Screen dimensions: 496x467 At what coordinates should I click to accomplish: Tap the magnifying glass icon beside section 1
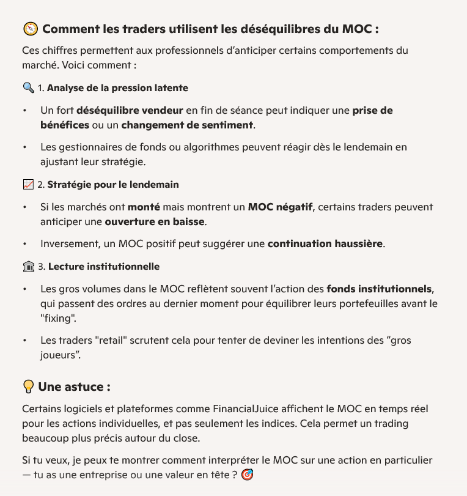pos(28,88)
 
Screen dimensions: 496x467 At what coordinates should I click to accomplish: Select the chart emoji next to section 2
pos(28,184)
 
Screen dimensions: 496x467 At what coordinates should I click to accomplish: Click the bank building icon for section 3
pos(28,267)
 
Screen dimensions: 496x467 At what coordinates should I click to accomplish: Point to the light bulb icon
pos(28,387)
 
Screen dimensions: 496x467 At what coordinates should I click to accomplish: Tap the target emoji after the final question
pos(248,474)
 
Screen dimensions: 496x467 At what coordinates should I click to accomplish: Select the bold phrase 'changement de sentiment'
pos(187,125)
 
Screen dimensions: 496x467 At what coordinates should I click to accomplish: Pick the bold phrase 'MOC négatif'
pos(280,207)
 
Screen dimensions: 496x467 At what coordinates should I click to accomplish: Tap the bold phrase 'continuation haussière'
pos(325,244)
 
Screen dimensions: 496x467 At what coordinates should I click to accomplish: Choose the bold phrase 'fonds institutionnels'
pos(380,289)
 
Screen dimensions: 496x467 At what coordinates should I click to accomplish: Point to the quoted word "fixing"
pos(58,318)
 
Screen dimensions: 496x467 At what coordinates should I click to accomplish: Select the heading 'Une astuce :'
pos(74,387)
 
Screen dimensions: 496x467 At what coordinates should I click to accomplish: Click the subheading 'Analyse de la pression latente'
pos(117,88)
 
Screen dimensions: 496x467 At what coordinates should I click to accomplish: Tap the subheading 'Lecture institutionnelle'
pos(104,267)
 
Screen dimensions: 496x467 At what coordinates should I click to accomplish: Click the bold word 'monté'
pos(144,207)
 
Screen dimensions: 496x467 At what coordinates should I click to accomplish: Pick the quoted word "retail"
pos(111,340)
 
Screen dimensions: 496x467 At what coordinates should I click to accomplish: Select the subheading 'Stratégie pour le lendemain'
pos(113,184)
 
